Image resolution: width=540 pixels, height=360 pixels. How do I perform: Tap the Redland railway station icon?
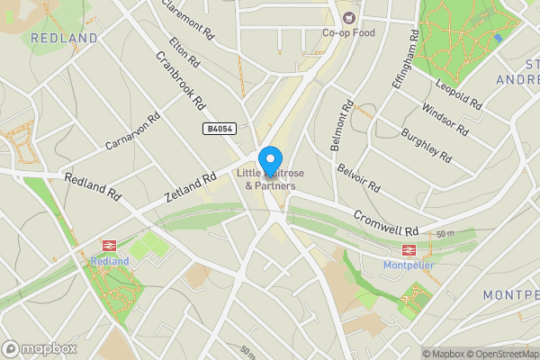click(110, 245)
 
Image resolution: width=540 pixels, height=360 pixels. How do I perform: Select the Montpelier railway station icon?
click(407, 251)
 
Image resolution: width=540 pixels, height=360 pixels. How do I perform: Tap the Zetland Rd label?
click(190, 187)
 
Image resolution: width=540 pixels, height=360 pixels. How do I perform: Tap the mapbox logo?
click(39, 348)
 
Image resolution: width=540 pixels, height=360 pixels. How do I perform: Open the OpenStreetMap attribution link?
click(502, 354)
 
